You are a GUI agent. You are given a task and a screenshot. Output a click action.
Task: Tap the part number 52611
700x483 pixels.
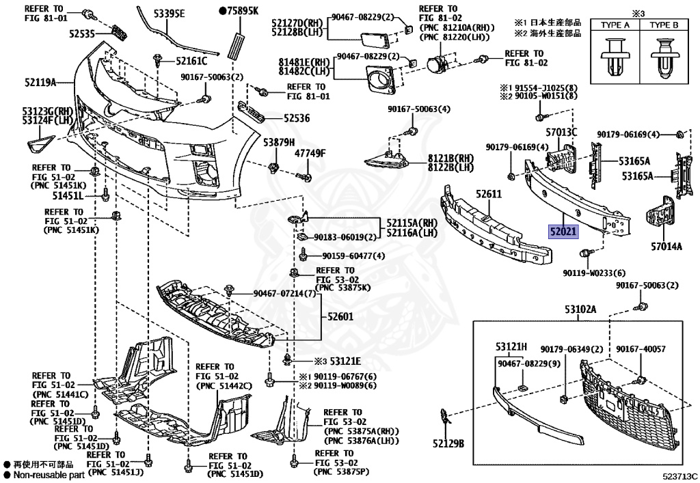point(489,195)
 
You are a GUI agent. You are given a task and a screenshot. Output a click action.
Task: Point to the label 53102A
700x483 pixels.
point(580,310)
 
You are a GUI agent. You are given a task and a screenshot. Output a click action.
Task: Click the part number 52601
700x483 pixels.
point(340,316)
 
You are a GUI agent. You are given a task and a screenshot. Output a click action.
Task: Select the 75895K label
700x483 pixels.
point(239,11)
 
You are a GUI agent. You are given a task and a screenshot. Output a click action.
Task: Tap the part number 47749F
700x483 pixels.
point(310,153)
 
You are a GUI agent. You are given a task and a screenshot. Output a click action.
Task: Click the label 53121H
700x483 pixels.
point(511,346)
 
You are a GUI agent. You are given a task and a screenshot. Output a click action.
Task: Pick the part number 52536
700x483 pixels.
point(296,118)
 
